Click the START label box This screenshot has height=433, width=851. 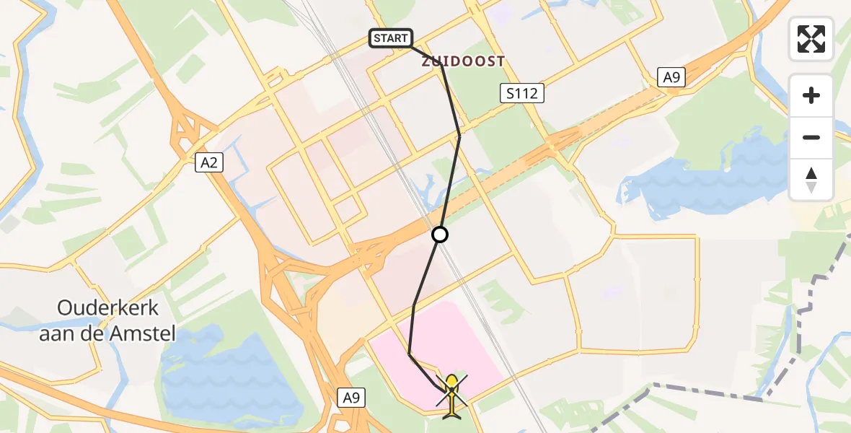391,38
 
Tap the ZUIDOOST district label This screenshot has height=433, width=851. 462,62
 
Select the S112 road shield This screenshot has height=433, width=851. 521,92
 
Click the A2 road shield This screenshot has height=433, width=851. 209,164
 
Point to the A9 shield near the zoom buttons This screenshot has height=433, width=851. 671,77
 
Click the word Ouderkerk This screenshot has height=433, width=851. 108,308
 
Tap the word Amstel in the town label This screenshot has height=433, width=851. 147,333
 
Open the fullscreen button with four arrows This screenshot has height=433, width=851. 811,39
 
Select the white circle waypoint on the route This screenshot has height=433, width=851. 440,235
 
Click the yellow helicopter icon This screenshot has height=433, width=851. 451,395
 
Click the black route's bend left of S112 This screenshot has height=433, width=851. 459,135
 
